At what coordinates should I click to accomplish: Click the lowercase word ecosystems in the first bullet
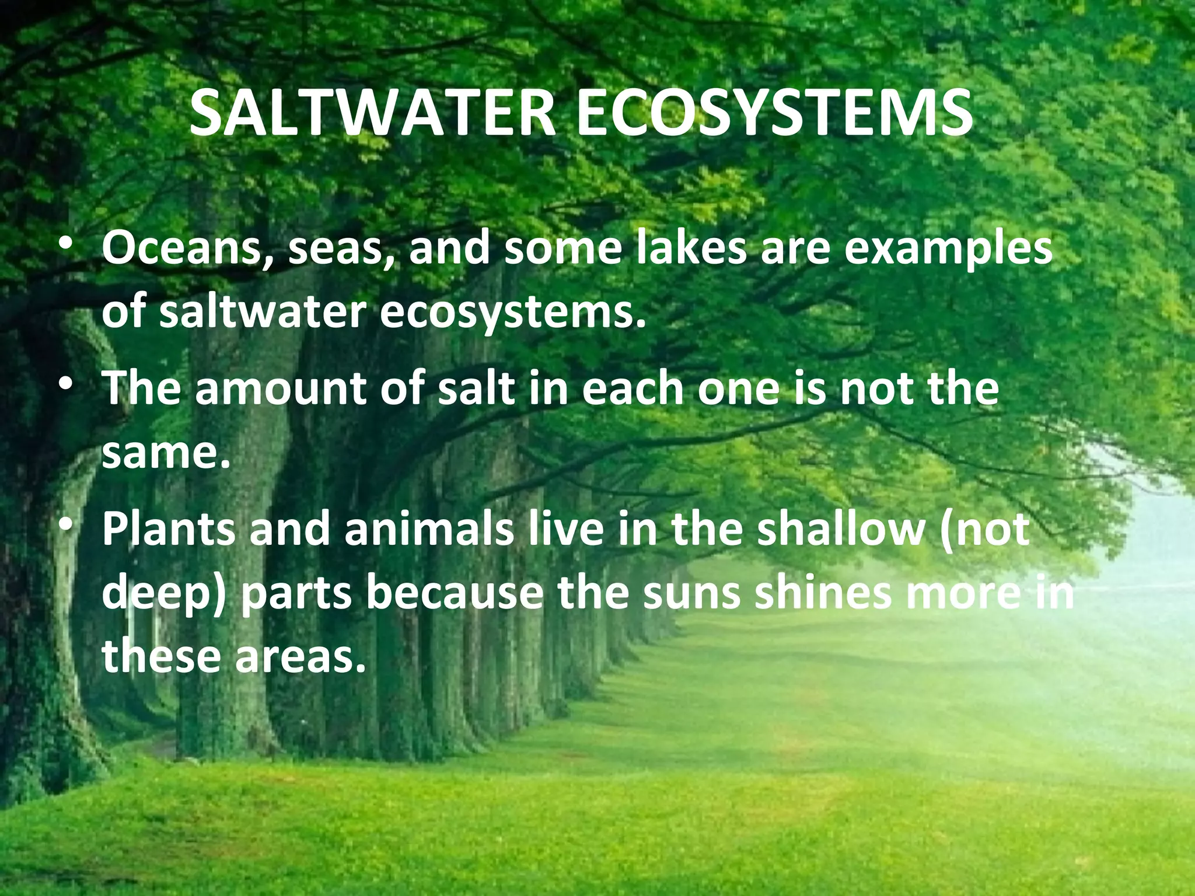pyautogui.click(x=513, y=313)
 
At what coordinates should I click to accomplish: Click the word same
pyautogui.click(x=166, y=453)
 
